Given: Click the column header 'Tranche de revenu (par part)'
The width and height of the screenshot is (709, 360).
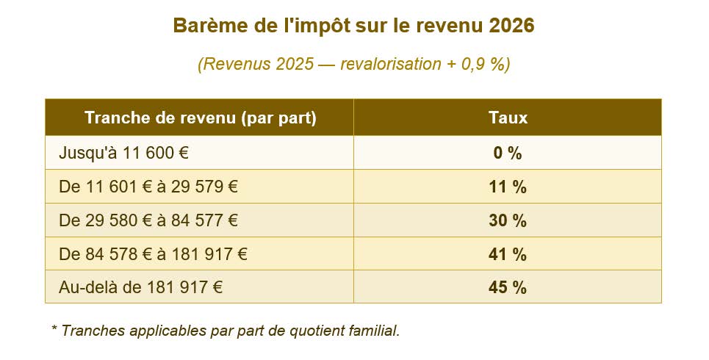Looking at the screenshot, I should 200,118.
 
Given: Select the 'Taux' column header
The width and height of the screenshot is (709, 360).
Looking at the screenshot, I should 508,118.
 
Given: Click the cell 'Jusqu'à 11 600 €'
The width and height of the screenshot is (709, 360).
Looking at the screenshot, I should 124,154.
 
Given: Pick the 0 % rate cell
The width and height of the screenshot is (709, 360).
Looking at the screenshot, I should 508,154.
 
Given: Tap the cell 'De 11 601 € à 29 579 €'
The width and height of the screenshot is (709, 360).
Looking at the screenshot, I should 148,187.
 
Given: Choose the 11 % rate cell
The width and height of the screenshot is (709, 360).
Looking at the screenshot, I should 508,187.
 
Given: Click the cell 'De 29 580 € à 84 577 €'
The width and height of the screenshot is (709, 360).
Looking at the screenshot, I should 148,220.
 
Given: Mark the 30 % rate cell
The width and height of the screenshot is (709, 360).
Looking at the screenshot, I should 508,220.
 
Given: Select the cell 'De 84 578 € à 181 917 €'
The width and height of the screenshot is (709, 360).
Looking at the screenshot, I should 153,254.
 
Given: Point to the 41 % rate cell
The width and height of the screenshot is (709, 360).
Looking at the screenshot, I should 508,254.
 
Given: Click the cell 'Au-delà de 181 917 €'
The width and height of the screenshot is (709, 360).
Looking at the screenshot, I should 140,287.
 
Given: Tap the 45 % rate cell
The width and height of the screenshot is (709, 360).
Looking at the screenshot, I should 508,287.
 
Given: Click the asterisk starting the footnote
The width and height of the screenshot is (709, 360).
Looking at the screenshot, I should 54,328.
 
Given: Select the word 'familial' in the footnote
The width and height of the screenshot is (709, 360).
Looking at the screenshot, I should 376,331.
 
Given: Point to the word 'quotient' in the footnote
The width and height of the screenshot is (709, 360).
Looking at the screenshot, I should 320,331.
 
